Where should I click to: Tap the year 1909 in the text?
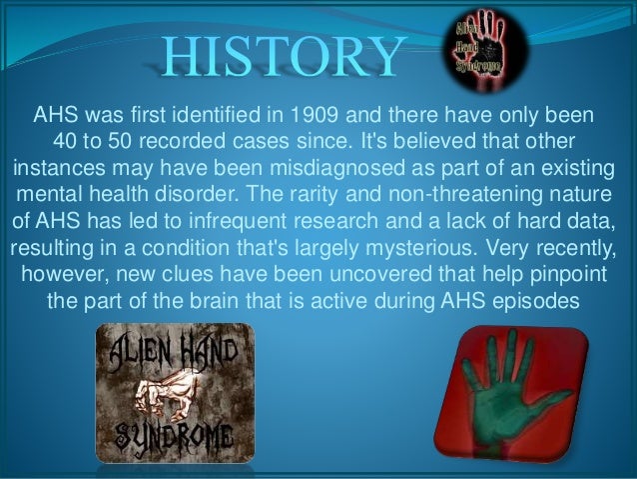coord(336,109)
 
